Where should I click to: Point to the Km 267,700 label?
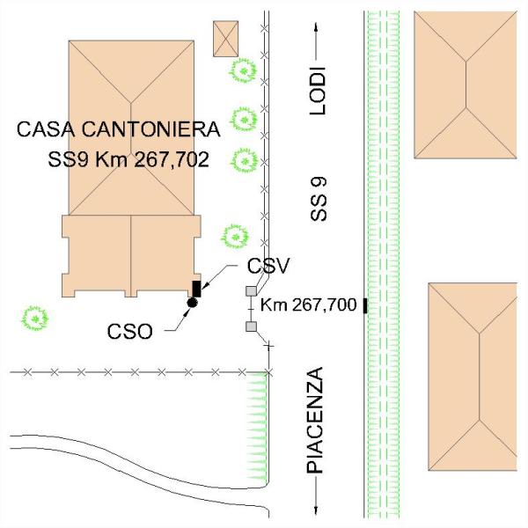(x=308, y=305)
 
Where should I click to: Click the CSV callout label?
(x=268, y=265)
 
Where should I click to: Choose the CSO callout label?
(x=130, y=333)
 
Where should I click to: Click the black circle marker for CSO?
(x=191, y=303)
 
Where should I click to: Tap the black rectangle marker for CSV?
(x=196, y=288)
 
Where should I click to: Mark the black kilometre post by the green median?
(x=364, y=305)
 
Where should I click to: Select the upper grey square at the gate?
(x=251, y=291)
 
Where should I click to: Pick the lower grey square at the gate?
(x=251, y=327)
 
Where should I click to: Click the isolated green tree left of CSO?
(x=34, y=317)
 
